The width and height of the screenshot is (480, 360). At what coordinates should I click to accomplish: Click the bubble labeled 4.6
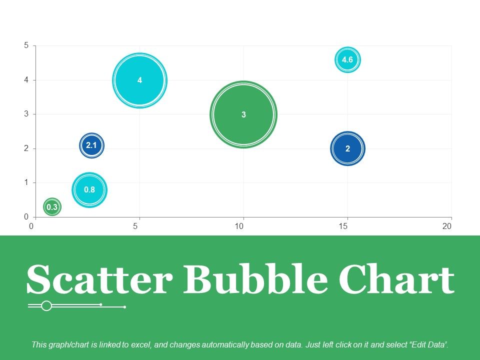tap(347, 60)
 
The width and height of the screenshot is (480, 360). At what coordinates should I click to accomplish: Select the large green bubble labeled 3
tap(243, 114)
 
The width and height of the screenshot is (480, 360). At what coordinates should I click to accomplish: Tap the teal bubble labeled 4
tap(140, 80)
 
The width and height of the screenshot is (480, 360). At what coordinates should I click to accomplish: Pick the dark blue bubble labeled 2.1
tap(91, 146)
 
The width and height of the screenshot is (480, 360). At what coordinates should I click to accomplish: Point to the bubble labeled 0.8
tap(89, 189)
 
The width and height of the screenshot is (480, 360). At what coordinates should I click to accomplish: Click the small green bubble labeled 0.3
tap(52, 206)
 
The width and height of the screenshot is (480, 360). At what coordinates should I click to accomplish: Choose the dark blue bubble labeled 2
tap(347, 148)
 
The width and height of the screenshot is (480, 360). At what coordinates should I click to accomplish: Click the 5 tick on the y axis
tap(26, 45)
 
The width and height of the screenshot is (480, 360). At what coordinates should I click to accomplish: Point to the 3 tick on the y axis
tap(26, 114)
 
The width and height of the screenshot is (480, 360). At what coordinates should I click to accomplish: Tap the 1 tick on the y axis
tap(26, 182)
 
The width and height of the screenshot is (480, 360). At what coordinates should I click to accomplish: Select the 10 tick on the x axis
tap(239, 226)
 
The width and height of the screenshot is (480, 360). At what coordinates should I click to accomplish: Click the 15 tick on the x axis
tap(343, 226)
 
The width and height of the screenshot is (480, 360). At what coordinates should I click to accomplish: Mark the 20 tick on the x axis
tap(447, 226)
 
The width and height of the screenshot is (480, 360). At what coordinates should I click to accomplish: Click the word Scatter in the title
tap(98, 280)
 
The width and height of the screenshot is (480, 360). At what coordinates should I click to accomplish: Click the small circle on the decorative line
tap(46, 305)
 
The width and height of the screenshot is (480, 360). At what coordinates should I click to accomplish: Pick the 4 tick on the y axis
tap(26, 80)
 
